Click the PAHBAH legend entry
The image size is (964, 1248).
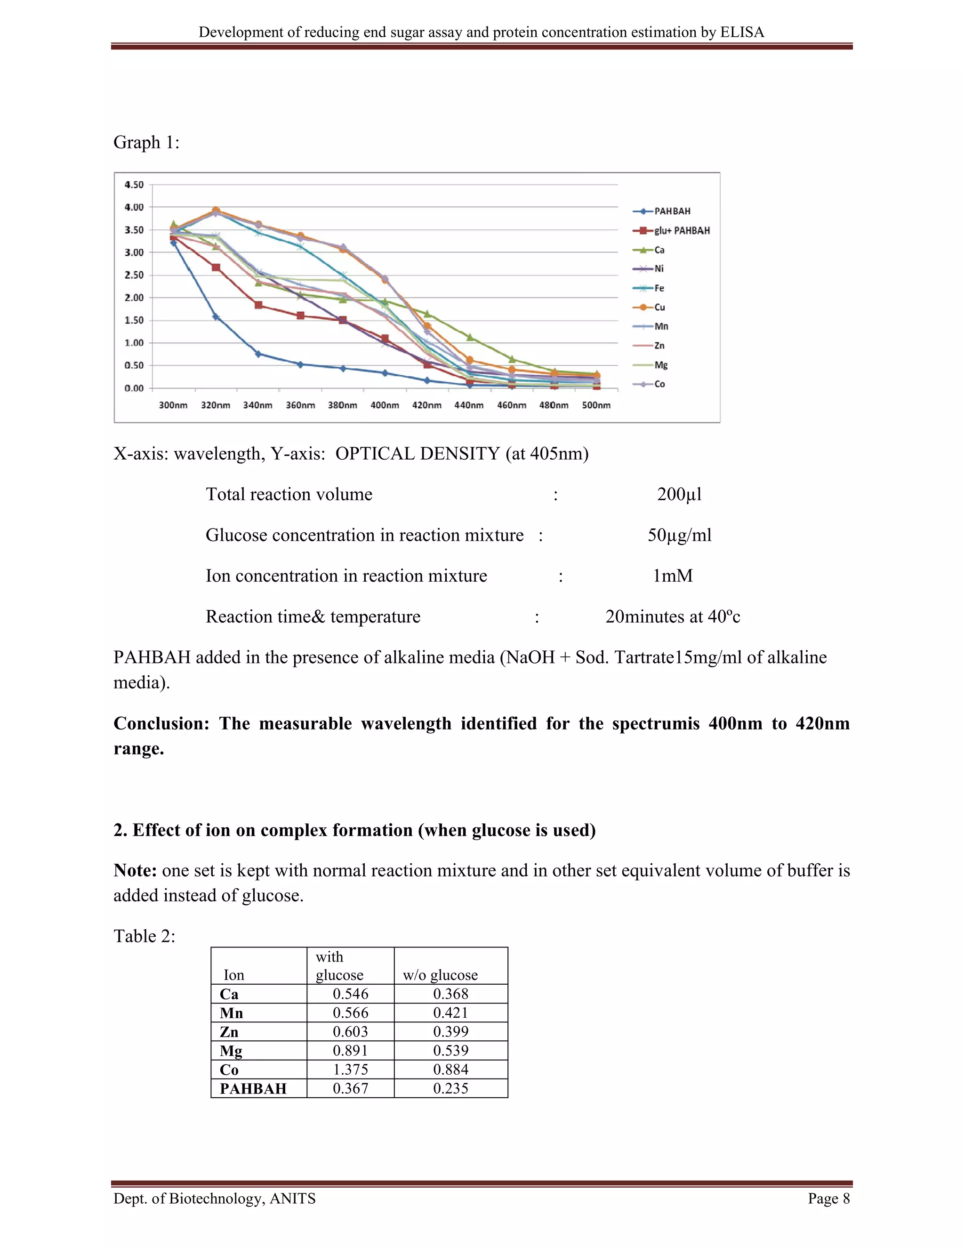point(672,211)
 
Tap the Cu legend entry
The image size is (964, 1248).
point(659,308)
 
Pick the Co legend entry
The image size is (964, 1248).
point(659,384)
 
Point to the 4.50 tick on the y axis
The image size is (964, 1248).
point(134,185)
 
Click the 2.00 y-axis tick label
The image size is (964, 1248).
point(134,298)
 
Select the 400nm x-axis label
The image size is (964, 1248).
point(385,405)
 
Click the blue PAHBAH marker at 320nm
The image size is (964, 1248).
point(216,316)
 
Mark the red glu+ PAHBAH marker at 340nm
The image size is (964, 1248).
point(258,305)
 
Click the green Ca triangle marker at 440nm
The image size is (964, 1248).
point(469,338)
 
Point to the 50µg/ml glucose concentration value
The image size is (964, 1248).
point(679,535)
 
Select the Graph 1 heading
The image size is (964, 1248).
point(146,142)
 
